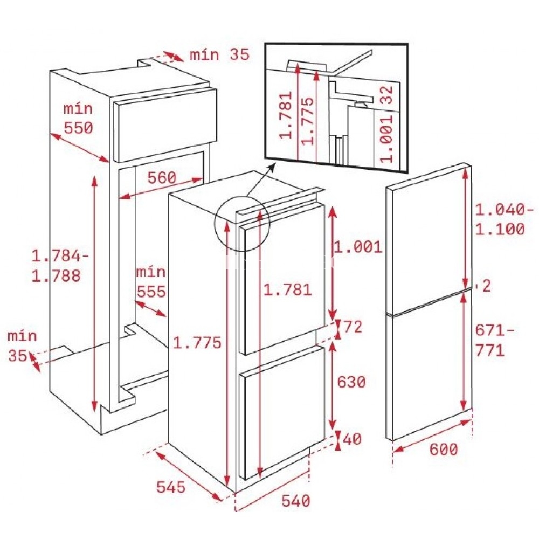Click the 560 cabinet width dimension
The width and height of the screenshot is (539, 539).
[x=162, y=177]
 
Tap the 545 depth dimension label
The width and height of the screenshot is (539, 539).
[x=171, y=487]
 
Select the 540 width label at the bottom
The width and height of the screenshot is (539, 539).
[x=295, y=501]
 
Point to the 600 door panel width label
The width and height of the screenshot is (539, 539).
[x=444, y=450]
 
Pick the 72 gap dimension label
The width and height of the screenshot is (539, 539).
[x=353, y=327]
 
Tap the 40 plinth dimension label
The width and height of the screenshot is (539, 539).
[x=353, y=439]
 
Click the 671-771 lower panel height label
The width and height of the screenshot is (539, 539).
[x=495, y=341]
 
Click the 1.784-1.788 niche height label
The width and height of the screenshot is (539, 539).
[x=60, y=266]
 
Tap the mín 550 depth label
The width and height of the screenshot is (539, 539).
[x=78, y=118]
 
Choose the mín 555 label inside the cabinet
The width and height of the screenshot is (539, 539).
[x=151, y=282]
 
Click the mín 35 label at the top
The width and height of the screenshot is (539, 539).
[x=220, y=54]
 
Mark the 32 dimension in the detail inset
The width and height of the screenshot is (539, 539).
[x=387, y=95]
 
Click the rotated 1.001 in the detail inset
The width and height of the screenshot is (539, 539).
[x=387, y=138]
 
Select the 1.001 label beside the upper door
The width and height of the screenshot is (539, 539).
[x=358, y=247]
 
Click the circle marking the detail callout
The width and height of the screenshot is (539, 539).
[x=243, y=224]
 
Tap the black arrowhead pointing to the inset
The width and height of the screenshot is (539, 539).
[x=271, y=168]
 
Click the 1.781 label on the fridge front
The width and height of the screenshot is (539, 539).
[x=288, y=290]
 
